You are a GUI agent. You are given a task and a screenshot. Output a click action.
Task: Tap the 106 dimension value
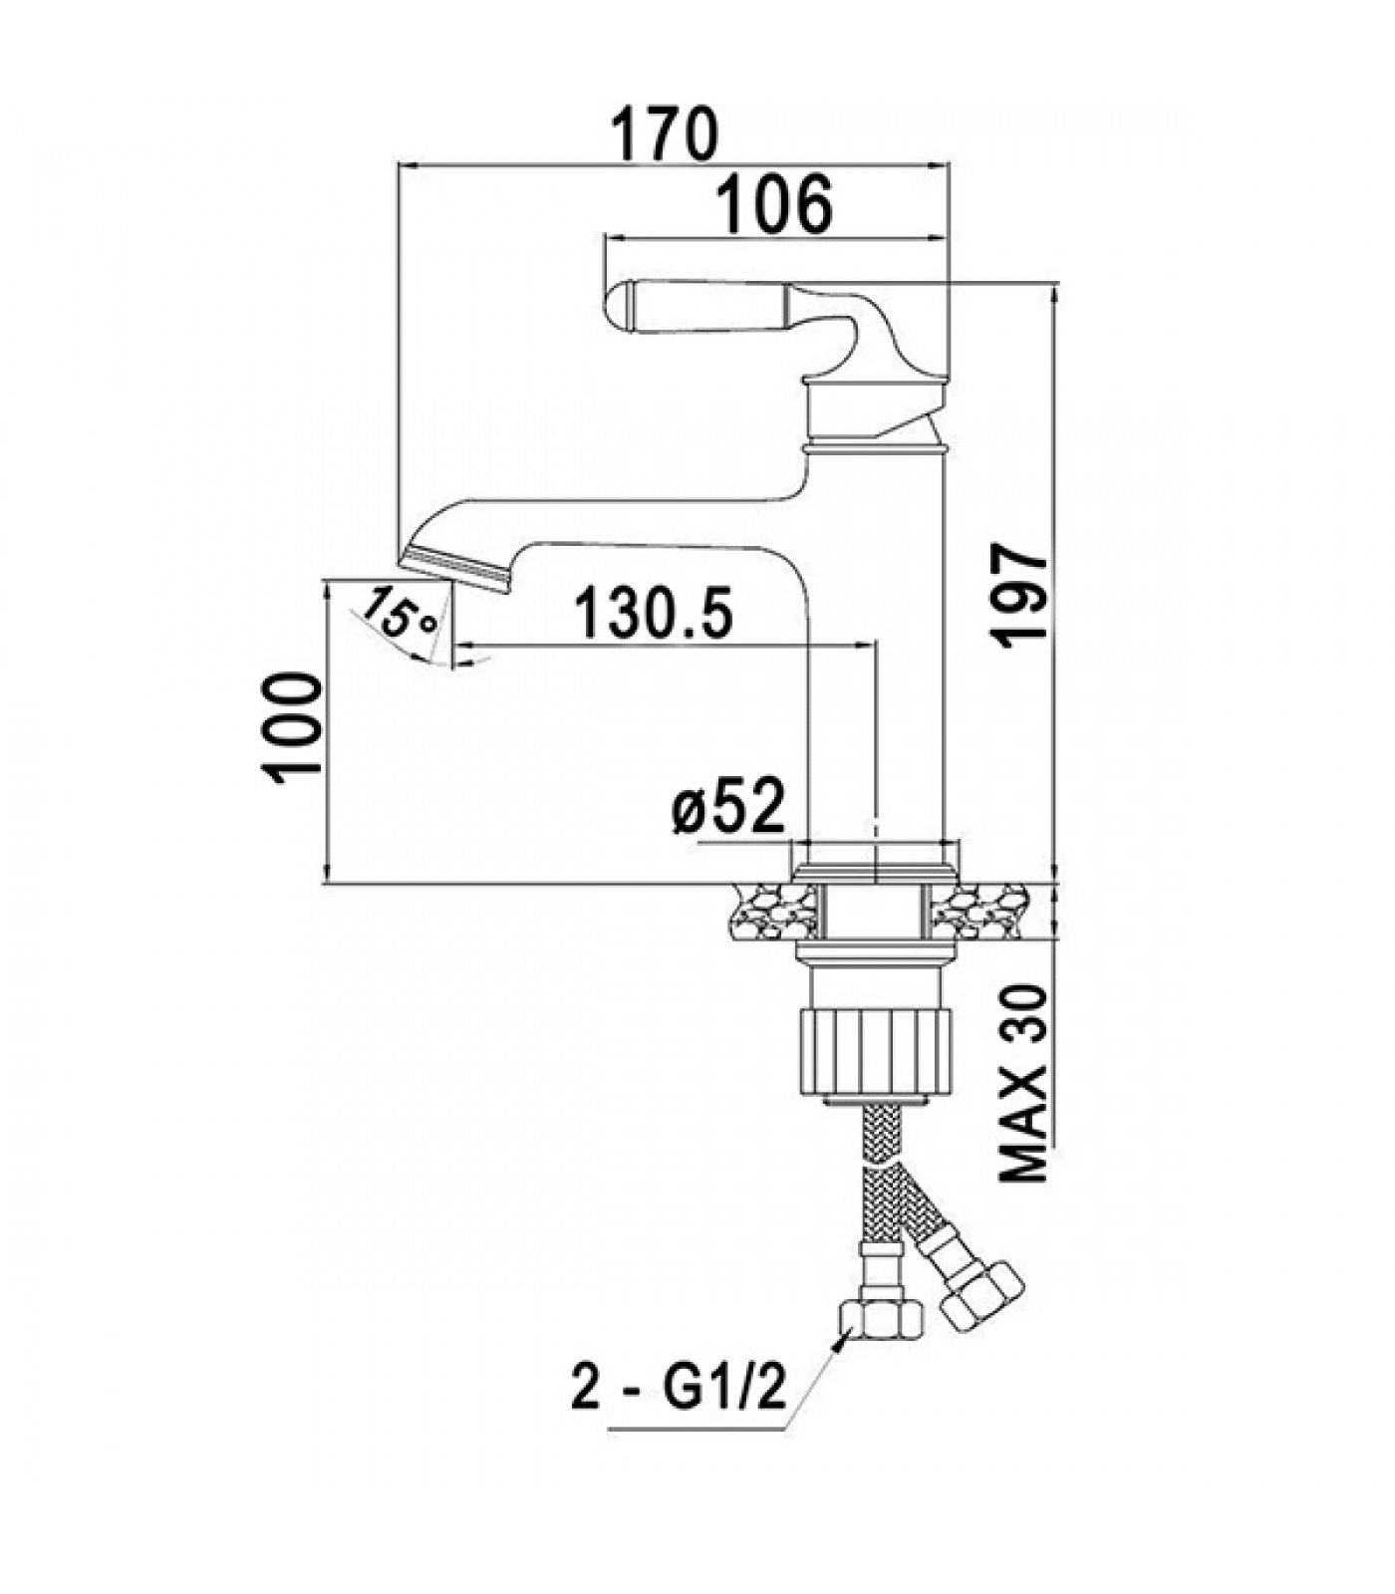775,205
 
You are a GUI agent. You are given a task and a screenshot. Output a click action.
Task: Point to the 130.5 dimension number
653,614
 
